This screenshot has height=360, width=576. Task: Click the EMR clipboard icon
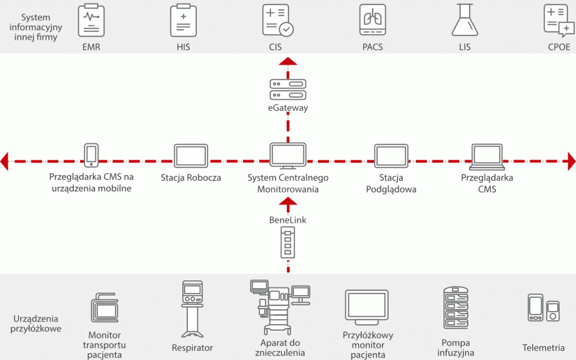coord(91,20)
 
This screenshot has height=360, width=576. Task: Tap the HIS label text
coord(183,47)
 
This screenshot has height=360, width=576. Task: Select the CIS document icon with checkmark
coord(278,20)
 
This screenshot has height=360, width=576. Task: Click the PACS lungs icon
coord(372,20)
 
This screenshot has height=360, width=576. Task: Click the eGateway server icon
coord(288,89)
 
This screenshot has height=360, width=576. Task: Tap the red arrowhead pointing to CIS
coord(288,61)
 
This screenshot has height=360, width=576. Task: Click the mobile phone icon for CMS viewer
coord(92,155)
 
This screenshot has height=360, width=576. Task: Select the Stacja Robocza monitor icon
coord(191,156)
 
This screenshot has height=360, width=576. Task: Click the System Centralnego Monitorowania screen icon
coord(288,156)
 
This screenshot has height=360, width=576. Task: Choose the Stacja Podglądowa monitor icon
coord(391,156)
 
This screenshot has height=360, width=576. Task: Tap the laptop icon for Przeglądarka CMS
coord(487,157)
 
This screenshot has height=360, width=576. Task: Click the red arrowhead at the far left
coord(4,161)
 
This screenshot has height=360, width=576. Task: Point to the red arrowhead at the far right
coord(571,161)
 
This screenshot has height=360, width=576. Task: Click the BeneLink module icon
coord(288,242)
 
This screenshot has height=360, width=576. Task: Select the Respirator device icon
coord(192,309)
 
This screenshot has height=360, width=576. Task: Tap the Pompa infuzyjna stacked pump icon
coord(456,308)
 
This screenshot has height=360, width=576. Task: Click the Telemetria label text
coord(543,348)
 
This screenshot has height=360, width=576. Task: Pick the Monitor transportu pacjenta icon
coord(105,308)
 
